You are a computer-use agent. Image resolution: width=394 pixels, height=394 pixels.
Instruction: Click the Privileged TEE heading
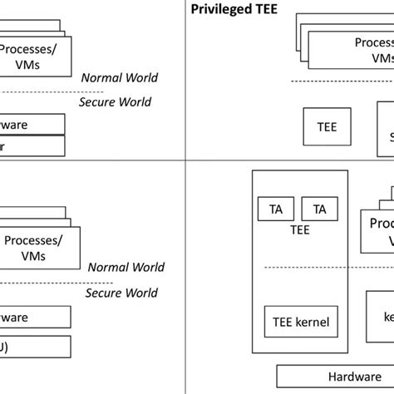point(235,10)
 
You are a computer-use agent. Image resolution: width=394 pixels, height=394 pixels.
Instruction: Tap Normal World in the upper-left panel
point(119,78)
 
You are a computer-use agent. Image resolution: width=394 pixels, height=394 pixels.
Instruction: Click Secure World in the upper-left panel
point(115,101)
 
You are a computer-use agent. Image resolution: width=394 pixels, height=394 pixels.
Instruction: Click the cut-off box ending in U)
point(34,347)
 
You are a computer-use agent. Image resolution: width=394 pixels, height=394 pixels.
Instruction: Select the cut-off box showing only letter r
point(32,146)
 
